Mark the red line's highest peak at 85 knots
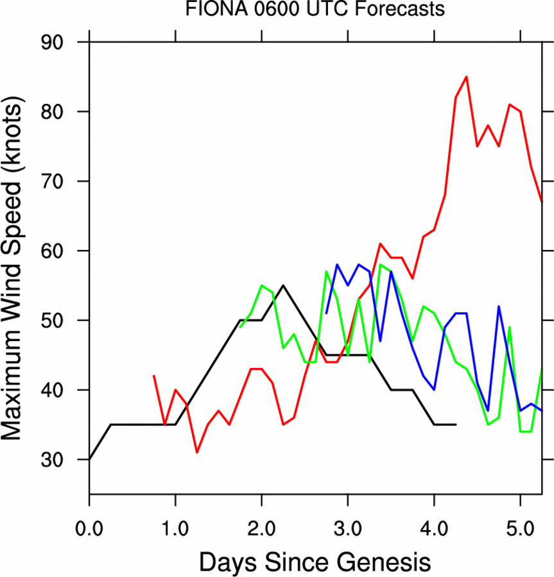(466, 77)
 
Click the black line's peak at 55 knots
(283, 285)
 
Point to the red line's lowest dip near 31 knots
(197, 452)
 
